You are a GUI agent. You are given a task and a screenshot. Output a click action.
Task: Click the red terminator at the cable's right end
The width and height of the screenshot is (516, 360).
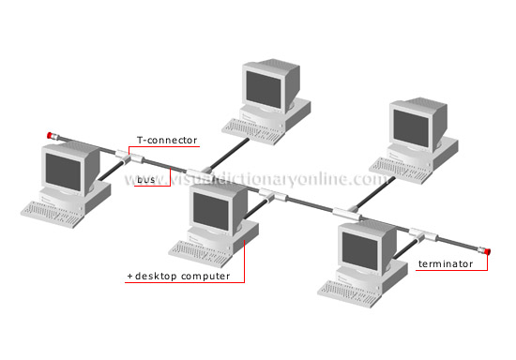coord(487,251)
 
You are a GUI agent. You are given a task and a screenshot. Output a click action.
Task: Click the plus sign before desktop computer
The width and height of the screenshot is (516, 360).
coord(129,277)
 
